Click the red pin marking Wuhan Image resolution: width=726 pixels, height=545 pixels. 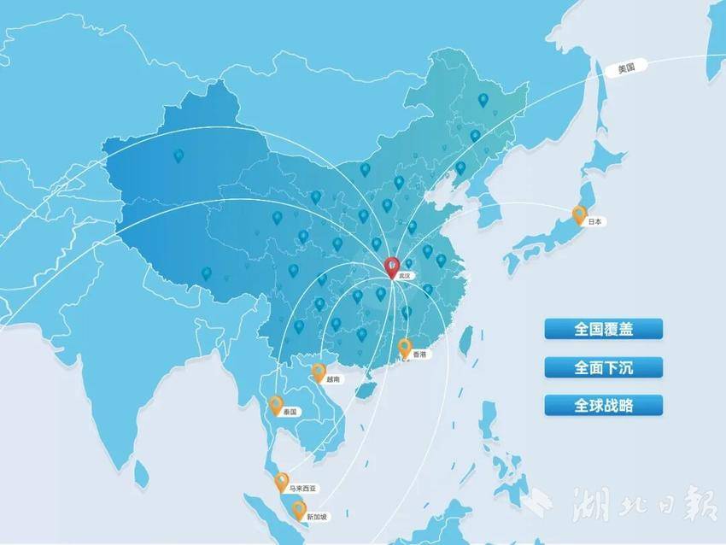[x=392, y=267]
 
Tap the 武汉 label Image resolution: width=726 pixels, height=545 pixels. [x=405, y=277]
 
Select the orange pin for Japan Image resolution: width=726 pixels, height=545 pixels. [x=579, y=214]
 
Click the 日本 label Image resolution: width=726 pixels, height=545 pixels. [x=595, y=221]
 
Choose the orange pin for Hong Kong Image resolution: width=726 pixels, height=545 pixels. [x=405, y=347]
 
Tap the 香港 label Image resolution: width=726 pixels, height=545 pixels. [x=419, y=354]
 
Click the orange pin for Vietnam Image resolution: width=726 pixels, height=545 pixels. [x=319, y=372]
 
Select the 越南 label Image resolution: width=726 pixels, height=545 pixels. [x=333, y=378]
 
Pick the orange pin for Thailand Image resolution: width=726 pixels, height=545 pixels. [x=276, y=404]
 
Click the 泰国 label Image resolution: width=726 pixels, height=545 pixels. [x=290, y=412]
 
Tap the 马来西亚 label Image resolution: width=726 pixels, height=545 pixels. [x=302, y=489]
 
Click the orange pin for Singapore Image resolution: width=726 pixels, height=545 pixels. [x=299, y=510]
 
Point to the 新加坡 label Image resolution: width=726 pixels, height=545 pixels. [x=317, y=517]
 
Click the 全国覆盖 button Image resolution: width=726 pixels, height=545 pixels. [x=604, y=329]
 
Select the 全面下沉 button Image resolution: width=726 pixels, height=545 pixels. [x=604, y=367]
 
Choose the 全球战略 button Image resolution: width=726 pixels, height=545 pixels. [x=604, y=405]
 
